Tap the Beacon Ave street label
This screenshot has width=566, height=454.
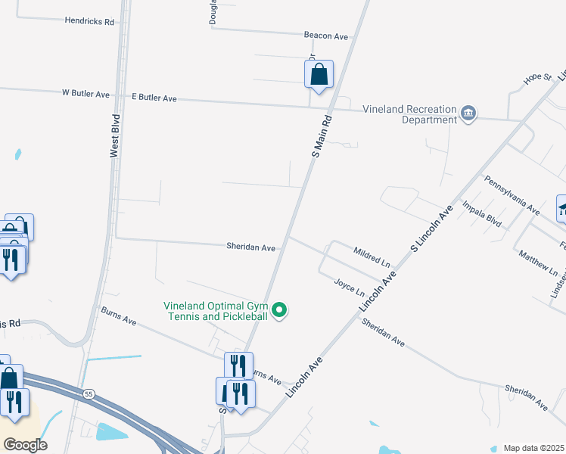(x=325, y=35)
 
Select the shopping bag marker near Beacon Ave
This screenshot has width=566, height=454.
(x=319, y=75)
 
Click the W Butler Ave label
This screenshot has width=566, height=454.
(x=86, y=95)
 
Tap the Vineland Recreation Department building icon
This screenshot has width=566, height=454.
(x=468, y=113)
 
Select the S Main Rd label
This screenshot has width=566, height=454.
(x=322, y=136)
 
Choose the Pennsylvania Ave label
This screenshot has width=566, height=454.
(x=512, y=195)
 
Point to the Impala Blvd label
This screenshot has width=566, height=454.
(x=482, y=214)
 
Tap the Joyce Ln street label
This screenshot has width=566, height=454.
(x=350, y=288)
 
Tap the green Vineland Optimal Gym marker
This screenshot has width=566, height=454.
(x=280, y=309)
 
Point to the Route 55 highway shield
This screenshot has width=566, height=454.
(x=89, y=394)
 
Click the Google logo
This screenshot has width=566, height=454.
(x=25, y=445)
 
